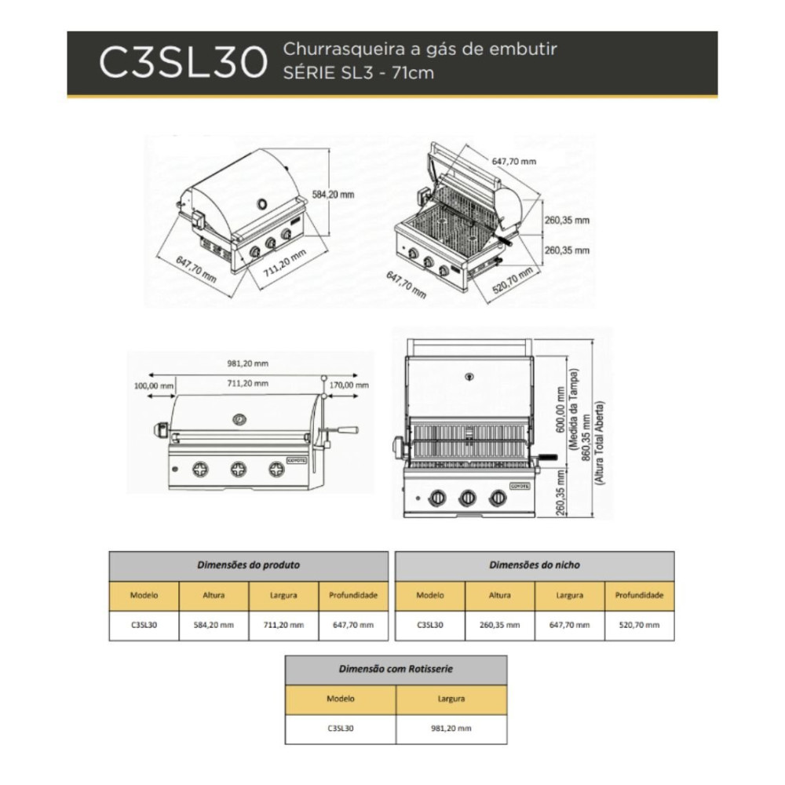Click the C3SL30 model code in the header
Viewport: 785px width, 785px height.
[x=183, y=63]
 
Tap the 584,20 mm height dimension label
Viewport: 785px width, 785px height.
[x=333, y=194]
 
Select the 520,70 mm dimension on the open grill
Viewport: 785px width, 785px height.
[x=512, y=281]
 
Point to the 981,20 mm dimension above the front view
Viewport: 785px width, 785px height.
[x=248, y=363]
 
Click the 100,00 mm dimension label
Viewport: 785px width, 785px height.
[x=154, y=385]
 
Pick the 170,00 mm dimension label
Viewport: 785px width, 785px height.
[x=349, y=385]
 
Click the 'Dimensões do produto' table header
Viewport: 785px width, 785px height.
[x=248, y=565]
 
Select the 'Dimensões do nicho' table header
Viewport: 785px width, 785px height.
[x=534, y=565]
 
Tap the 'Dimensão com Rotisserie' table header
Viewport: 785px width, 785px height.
[x=396, y=669]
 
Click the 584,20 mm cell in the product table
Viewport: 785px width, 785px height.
[x=214, y=625]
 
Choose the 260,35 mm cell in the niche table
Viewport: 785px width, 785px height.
[x=499, y=625]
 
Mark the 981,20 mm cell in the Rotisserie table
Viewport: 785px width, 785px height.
[x=451, y=728]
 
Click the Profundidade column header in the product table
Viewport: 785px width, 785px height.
[x=353, y=595]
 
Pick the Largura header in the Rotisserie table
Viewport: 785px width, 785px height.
[x=451, y=699]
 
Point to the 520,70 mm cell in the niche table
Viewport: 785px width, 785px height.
[x=639, y=625]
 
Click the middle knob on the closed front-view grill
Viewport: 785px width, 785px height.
[x=239, y=469]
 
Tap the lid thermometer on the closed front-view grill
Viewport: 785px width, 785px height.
[x=239, y=419]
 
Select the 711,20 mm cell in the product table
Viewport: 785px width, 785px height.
[x=283, y=625]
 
